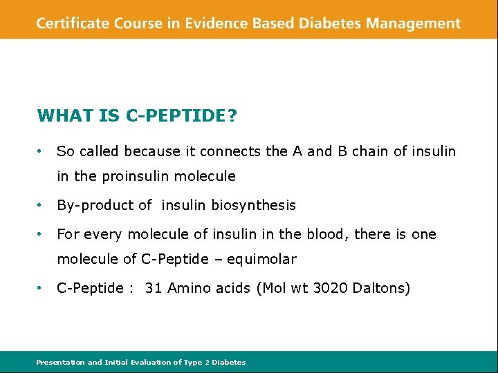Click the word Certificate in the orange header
pos(72,23)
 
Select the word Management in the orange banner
pos(413,23)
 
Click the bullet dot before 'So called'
pos(41,151)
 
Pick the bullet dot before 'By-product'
pos(41,205)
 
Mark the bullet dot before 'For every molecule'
pos(41,234)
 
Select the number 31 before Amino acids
pos(154,288)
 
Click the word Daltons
pos(381,288)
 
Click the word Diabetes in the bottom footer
pos(228,362)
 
